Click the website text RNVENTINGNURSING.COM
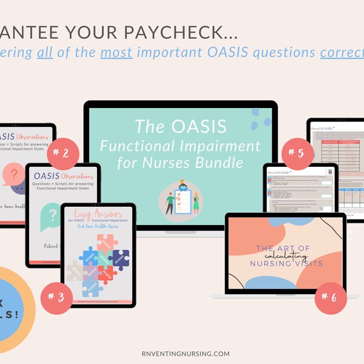click(182, 353)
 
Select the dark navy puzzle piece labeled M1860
click(121, 260)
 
